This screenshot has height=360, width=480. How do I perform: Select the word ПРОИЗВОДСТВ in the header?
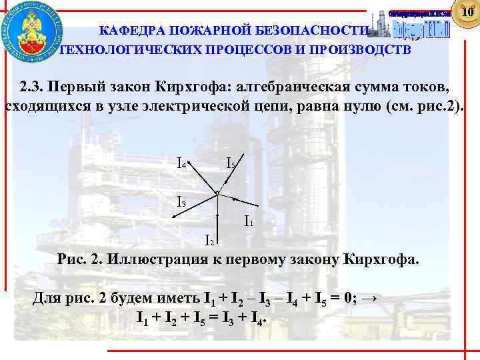pos(358,49)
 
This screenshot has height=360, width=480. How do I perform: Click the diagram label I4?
pos(181,162)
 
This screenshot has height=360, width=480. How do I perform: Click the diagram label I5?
pos(230,162)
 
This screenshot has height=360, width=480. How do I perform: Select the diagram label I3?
pos(181,200)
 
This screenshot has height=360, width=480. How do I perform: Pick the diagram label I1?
pos(248,219)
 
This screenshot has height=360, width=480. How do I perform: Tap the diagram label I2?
pos(209,240)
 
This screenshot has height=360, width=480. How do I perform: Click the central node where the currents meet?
pos(217,193)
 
